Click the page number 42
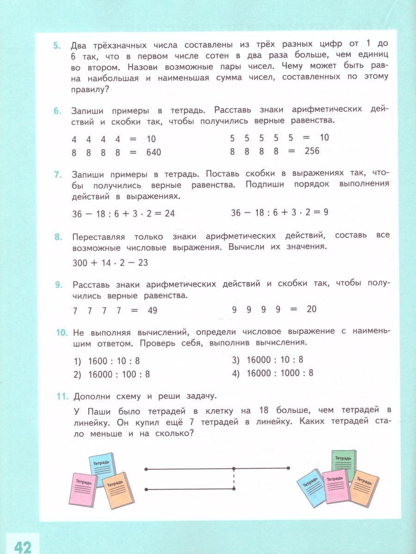pos(22,547)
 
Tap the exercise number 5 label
pos(56,45)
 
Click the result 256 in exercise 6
pos(312,151)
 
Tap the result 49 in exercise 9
pos(152,311)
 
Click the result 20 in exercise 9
pos(311,309)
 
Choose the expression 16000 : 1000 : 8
pos(280,373)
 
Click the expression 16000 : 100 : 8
pos(119,374)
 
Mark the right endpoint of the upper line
pos(288,468)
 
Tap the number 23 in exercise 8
pos(142,263)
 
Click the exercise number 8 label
pos(57,237)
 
